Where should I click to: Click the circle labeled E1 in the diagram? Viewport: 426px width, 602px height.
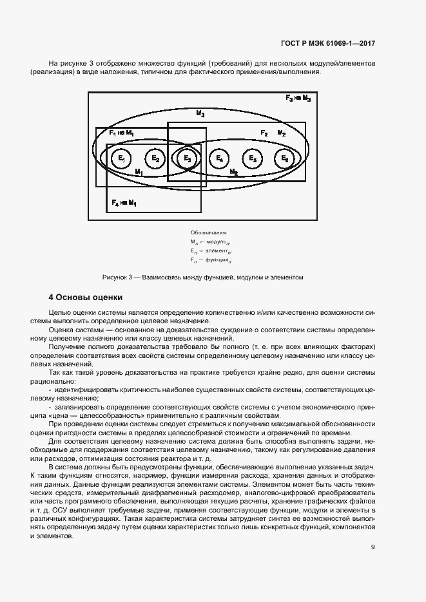coord(121,158)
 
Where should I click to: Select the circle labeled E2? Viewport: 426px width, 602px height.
coord(153,158)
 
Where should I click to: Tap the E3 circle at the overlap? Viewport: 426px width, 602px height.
coord(186,158)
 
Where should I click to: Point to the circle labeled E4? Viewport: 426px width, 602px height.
coord(219,158)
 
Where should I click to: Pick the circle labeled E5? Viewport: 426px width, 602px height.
coord(252,158)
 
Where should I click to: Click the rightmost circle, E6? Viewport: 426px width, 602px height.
coord(284,158)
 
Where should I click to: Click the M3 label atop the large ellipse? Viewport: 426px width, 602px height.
coord(200,113)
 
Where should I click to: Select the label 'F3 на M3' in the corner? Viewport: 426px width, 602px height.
coord(298,99)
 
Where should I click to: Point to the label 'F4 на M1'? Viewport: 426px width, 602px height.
coord(124,203)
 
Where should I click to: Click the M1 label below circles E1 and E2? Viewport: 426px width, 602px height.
coord(138,173)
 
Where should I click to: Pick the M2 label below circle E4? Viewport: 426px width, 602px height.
coord(233,173)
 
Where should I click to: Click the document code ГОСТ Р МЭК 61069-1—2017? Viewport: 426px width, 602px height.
coord(328,43)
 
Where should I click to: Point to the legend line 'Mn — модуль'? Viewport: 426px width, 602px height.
coord(210,241)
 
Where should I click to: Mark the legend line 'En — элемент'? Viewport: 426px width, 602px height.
coord(211,250)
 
